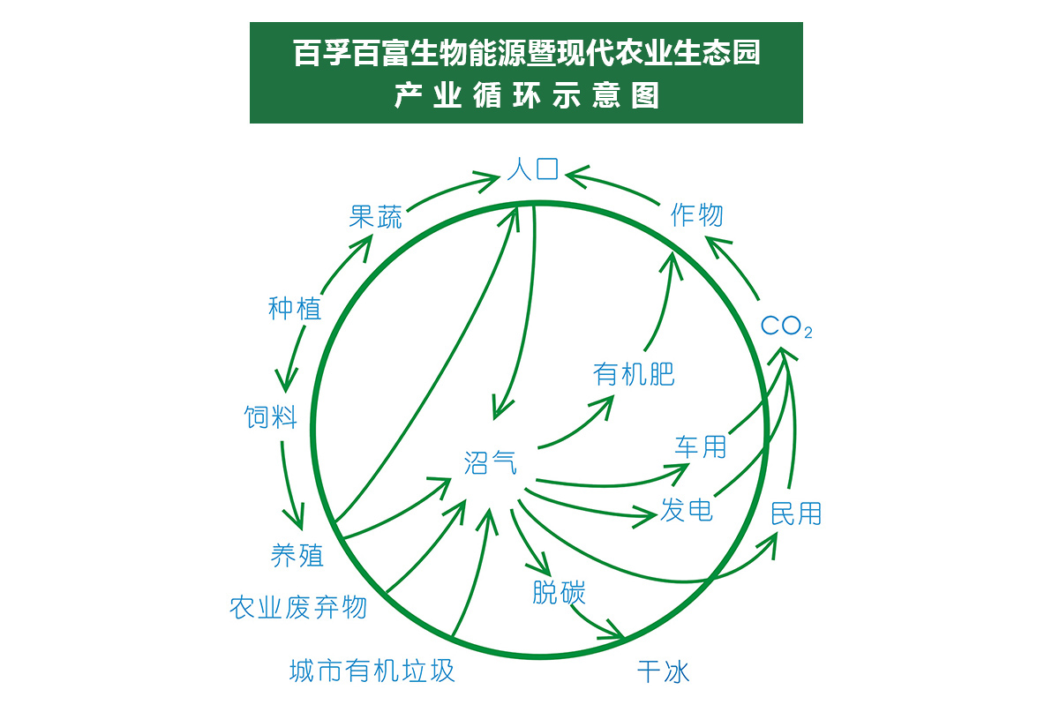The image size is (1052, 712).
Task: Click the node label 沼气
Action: [x=491, y=462]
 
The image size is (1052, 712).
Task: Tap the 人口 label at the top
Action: [x=533, y=168]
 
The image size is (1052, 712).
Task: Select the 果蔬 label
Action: [x=375, y=217]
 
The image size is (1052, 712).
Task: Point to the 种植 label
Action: [x=295, y=309]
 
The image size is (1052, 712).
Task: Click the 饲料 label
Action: [x=271, y=416]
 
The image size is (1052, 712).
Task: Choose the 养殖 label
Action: [x=297, y=555]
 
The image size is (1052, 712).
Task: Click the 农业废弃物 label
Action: [x=298, y=607]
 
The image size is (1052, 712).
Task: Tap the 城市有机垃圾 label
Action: [x=372, y=671]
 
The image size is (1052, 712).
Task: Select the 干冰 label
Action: [x=663, y=672]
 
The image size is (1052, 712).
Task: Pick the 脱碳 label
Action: [x=559, y=592]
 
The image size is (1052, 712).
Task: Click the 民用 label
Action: [x=796, y=513]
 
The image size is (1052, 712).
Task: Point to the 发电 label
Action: [x=687, y=509]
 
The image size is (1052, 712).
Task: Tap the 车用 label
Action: [x=701, y=446]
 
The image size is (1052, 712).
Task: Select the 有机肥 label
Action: [x=635, y=374]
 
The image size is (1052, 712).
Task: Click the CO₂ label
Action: [x=786, y=327]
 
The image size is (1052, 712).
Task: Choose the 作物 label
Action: [x=697, y=214]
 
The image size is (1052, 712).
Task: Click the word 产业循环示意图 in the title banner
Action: [x=526, y=95]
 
